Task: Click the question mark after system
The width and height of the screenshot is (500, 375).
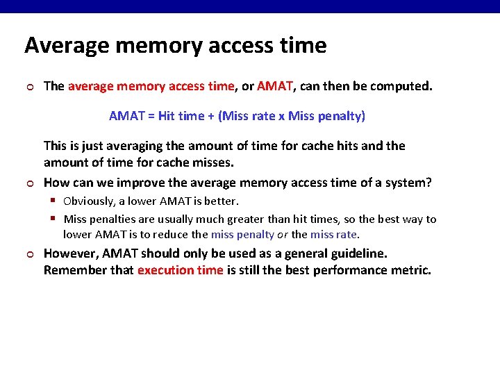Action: (x=429, y=183)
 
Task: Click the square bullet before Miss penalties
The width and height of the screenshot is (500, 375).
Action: (x=53, y=219)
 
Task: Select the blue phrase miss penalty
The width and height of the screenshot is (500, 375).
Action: (x=242, y=234)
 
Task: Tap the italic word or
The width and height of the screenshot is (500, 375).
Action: (x=283, y=234)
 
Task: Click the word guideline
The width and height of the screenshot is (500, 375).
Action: (x=362, y=253)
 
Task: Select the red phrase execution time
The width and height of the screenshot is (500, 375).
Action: (x=181, y=270)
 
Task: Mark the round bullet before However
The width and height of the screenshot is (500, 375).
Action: (x=28, y=254)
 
